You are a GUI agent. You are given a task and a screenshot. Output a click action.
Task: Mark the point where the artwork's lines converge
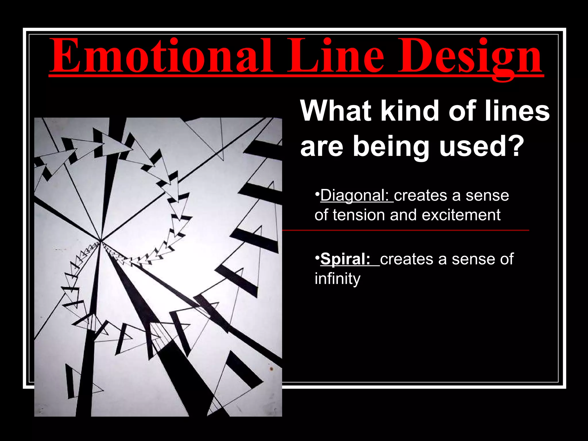100,241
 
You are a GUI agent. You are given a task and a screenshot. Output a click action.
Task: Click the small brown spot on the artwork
271,369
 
